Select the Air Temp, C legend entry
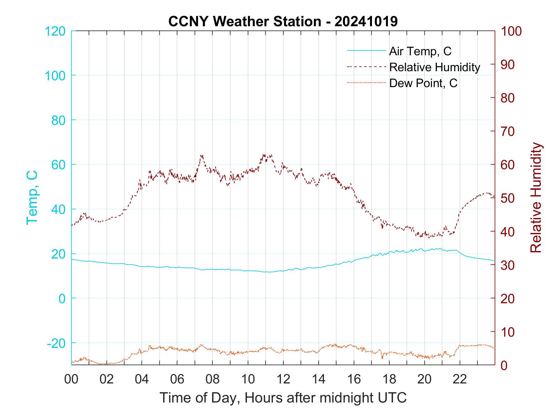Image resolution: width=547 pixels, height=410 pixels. point(420,51)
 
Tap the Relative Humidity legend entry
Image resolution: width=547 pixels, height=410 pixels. point(434,67)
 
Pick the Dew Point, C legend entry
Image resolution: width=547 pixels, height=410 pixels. point(423,83)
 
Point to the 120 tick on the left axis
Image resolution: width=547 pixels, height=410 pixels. point(55,31)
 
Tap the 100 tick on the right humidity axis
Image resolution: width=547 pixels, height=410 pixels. point(511,31)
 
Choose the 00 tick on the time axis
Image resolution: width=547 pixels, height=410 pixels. point(71,379)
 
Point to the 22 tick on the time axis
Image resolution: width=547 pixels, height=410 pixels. point(460,379)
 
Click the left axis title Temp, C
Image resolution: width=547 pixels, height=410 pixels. point(32,197)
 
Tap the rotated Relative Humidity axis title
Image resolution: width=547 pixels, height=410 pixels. point(536,197)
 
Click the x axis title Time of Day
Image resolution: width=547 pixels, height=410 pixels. point(283,398)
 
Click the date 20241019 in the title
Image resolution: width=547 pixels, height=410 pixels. point(366,22)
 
